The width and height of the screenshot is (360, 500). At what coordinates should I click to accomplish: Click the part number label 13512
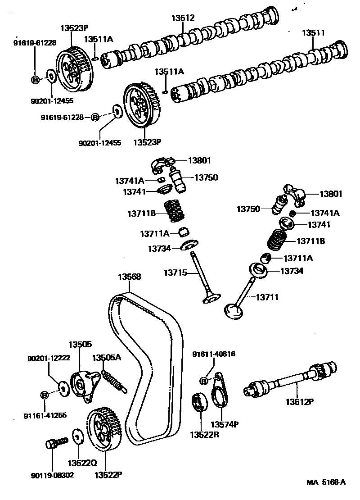point(183,18)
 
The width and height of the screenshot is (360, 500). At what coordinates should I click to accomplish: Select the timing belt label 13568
point(130,277)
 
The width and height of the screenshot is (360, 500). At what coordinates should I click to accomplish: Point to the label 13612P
point(300,401)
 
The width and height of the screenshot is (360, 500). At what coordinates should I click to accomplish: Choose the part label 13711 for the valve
point(268,297)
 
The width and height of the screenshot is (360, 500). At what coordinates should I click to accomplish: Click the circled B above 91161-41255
point(45,395)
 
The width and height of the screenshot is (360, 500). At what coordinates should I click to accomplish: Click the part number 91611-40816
point(214,354)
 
